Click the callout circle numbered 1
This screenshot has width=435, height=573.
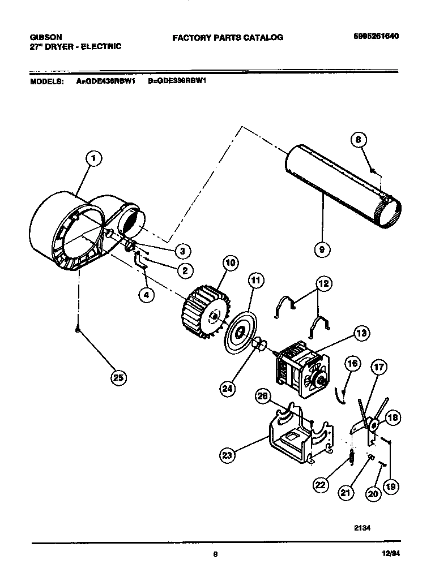[94, 160]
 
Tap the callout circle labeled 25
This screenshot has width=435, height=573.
[118, 378]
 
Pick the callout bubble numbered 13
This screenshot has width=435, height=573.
[358, 333]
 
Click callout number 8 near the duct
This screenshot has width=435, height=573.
[359, 139]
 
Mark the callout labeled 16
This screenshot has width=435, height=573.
[352, 364]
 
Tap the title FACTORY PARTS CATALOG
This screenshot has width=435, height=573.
[228, 37]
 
